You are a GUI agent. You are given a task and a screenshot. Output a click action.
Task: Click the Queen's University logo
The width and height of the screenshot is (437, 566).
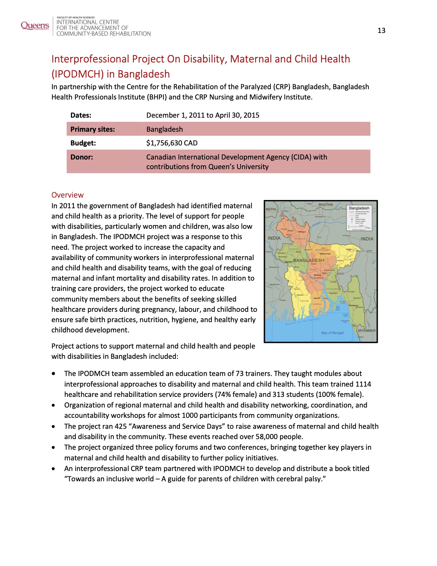click(x=35, y=26)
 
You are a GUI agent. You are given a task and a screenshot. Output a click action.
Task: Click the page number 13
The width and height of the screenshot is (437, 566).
click(x=381, y=31)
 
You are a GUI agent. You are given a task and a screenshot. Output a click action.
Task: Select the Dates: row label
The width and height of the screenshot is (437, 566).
click(x=81, y=115)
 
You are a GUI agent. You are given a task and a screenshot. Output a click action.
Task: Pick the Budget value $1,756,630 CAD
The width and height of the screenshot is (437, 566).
click(x=172, y=143)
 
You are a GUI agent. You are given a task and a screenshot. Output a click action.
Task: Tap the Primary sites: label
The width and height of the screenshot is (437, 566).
click(x=93, y=129)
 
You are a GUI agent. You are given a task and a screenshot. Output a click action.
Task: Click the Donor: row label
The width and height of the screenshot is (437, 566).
click(x=82, y=157)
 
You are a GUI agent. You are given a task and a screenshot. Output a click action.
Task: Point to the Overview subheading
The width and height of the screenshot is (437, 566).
click(x=68, y=195)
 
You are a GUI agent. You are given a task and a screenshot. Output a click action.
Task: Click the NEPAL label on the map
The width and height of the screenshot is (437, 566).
click(x=271, y=209)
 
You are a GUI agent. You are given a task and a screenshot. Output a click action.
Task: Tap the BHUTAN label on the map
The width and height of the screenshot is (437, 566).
click(x=326, y=205)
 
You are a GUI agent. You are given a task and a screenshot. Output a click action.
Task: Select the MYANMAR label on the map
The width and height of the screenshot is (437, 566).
click(x=367, y=331)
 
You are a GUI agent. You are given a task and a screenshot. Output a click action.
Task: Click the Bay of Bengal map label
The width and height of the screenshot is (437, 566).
click(x=332, y=333)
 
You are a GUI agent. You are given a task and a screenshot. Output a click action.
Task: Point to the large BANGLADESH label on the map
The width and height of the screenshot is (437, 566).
click(x=308, y=260)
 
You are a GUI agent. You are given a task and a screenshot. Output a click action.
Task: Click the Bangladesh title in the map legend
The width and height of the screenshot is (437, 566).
click(x=359, y=208)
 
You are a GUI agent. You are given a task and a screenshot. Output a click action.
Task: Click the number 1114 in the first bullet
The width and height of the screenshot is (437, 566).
click(x=363, y=384)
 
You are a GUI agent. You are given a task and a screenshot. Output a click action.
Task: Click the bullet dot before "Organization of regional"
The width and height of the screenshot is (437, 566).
click(x=53, y=405)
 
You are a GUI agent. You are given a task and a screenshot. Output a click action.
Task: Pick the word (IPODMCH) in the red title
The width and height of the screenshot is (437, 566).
click(x=78, y=74)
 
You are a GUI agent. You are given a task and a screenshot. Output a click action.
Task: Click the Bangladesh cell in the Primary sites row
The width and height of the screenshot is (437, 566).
click(x=165, y=129)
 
